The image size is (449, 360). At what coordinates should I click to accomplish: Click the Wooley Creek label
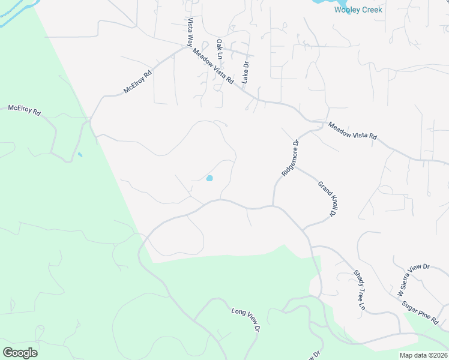click(358, 10)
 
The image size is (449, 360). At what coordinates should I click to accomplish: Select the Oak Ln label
click(220, 49)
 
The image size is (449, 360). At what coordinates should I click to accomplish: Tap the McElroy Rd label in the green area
click(24, 110)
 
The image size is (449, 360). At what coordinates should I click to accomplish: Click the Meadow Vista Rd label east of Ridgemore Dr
click(352, 131)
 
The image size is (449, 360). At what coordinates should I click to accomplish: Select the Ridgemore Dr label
click(289, 158)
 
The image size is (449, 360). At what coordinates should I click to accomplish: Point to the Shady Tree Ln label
click(359, 290)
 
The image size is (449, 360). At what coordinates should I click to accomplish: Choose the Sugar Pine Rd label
click(420, 313)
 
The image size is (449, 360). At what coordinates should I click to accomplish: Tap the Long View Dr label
click(246, 319)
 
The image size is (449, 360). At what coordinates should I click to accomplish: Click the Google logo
click(20, 352)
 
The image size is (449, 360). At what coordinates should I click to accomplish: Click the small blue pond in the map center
click(209, 178)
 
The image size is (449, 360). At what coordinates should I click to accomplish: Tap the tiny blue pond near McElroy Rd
click(80, 155)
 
